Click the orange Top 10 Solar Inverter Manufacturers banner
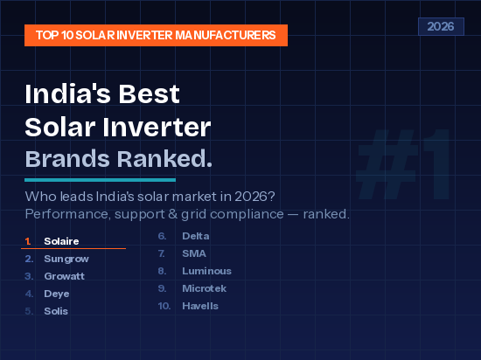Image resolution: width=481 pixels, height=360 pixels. click(x=156, y=35)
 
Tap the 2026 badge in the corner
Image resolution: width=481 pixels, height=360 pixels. click(x=440, y=26)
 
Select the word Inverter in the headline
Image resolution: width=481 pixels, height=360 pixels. click(x=161, y=127)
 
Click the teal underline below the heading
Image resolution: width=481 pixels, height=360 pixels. click(x=101, y=179)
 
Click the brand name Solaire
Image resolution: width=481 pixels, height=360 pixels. click(x=61, y=241)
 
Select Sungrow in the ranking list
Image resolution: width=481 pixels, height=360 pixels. click(x=66, y=259)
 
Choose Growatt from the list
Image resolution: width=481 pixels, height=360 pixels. click(x=66, y=276)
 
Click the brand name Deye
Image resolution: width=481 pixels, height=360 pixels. click(x=57, y=294)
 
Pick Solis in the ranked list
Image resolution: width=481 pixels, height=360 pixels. click(x=56, y=311)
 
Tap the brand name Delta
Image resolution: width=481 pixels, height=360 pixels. click(x=195, y=236)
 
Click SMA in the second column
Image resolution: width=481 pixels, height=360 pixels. click(x=193, y=253)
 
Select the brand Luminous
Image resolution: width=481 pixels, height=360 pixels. click(x=206, y=271)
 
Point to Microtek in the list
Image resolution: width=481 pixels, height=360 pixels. click(x=204, y=288)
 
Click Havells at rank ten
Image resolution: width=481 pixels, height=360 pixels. click(x=200, y=306)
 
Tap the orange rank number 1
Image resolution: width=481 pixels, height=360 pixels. click(x=28, y=241)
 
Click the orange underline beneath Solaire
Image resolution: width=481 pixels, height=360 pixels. click(x=73, y=249)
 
